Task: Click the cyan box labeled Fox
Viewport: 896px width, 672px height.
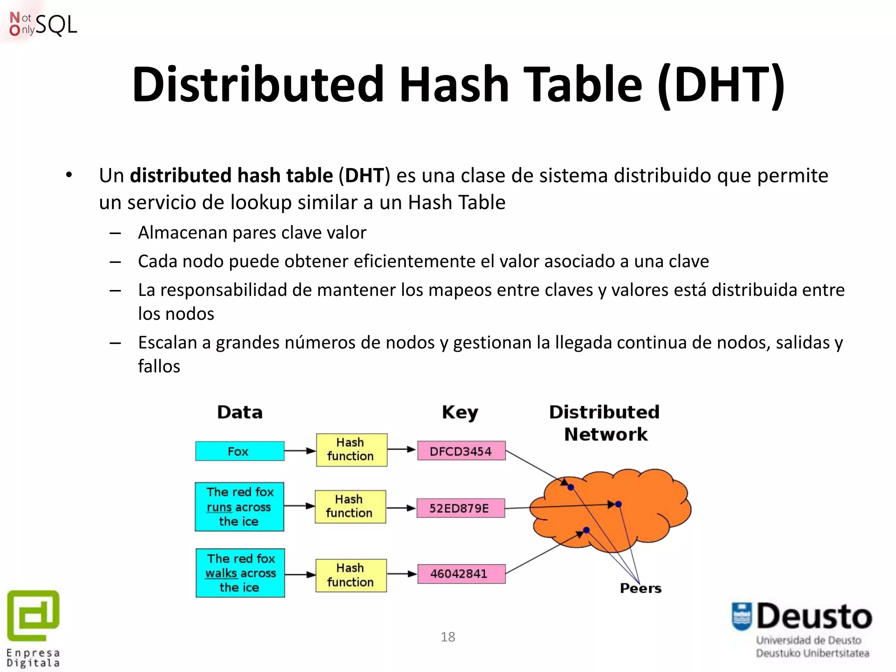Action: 239,451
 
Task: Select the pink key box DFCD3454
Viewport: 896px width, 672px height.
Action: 461,451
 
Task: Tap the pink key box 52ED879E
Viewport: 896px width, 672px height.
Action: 460,508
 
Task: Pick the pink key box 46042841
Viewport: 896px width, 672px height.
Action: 461,574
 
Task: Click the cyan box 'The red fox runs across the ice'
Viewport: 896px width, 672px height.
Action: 239,507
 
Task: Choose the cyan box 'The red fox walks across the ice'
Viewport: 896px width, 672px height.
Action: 240,573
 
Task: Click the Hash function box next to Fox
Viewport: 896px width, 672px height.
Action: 351,450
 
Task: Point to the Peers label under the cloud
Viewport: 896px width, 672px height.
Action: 640,588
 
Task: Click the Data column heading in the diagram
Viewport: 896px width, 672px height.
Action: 240,412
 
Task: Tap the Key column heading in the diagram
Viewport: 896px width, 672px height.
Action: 460,413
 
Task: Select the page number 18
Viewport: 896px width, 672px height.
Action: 448,637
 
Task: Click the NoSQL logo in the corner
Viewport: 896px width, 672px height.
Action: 43,24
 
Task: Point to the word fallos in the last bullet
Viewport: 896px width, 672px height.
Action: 159,366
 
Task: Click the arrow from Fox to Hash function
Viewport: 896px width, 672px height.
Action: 300,451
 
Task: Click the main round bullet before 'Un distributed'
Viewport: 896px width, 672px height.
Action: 69,175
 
